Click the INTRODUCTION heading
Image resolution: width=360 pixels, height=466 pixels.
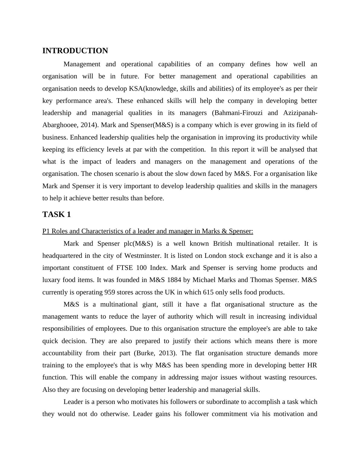click(75, 51)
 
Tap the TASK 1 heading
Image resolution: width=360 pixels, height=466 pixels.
click(57, 215)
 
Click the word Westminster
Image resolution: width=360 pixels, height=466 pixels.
click(142, 256)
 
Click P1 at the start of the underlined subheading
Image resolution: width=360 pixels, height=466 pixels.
click(46, 231)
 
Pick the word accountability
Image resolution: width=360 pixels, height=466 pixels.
click(62, 353)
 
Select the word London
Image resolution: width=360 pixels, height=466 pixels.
click(215, 256)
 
